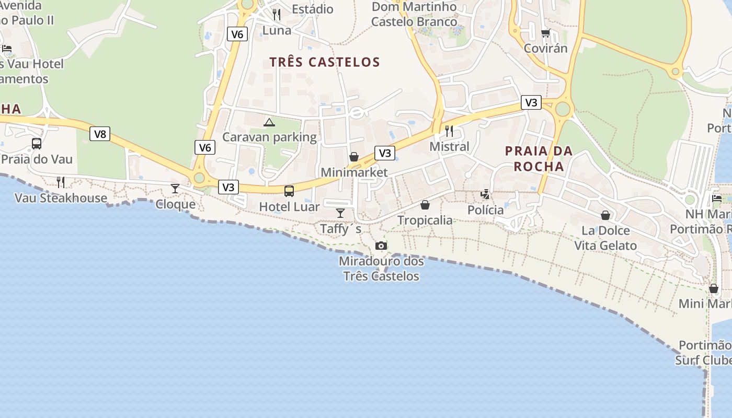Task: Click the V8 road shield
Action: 100,134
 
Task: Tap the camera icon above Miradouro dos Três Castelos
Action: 381,246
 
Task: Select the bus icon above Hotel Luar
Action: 289,191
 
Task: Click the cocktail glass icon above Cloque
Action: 175,189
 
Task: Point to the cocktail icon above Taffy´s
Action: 340,213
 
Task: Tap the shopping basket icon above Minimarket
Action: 354,157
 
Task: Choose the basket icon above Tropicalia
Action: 425,205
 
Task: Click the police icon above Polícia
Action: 485,194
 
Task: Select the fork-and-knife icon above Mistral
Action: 449,131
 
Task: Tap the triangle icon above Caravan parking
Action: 269,122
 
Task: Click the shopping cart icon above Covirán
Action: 545,33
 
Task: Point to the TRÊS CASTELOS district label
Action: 325,62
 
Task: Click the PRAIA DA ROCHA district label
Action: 539,159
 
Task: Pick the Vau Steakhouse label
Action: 61,198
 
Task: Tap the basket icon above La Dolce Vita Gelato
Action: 605,215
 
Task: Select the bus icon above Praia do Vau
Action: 37,143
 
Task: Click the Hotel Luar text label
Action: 289,207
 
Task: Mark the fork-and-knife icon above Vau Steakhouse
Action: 61,182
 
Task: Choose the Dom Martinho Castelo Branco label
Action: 414,14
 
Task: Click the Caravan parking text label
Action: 269,137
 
